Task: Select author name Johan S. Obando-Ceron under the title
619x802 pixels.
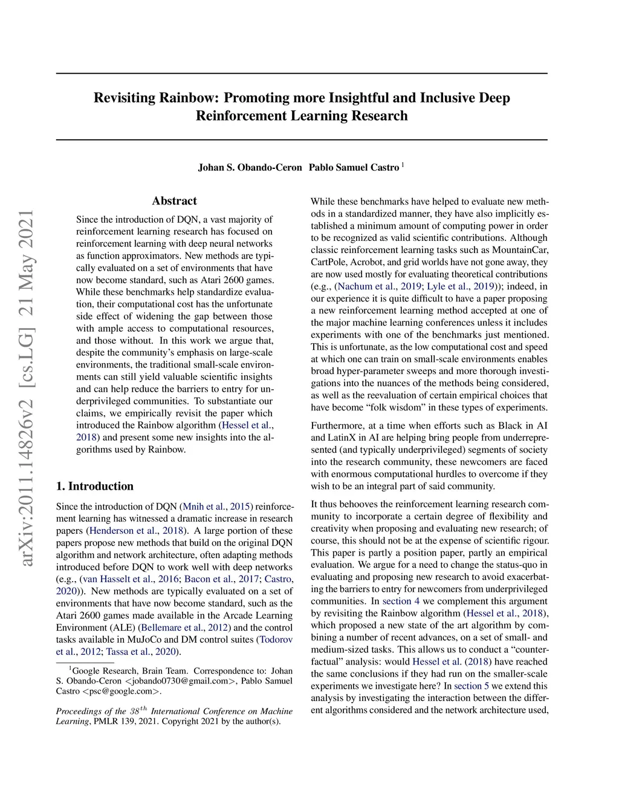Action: tap(250, 168)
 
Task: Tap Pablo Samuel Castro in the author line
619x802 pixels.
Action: tap(354, 168)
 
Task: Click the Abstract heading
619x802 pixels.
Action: tap(174, 201)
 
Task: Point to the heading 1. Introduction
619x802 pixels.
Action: tap(95, 486)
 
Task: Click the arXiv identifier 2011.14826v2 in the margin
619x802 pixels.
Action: tap(26, 472)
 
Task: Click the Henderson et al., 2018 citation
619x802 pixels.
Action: tap(137, 531)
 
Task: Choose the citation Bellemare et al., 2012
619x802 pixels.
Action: tap(184, 628)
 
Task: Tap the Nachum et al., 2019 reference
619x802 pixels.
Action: tap(380, 286)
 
